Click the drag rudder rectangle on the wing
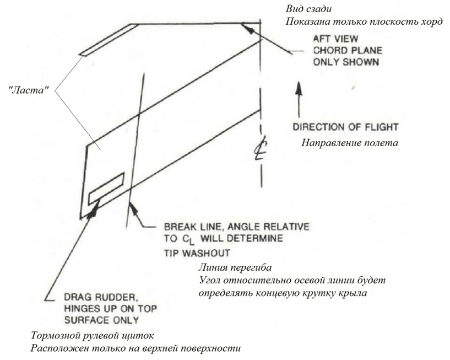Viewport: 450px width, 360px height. [x=106, y=188]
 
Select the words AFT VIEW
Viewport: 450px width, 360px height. [x=336, y=39]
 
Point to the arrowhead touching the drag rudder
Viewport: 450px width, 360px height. [x=97, y=203]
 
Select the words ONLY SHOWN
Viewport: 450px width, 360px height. [x=345, y=62]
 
